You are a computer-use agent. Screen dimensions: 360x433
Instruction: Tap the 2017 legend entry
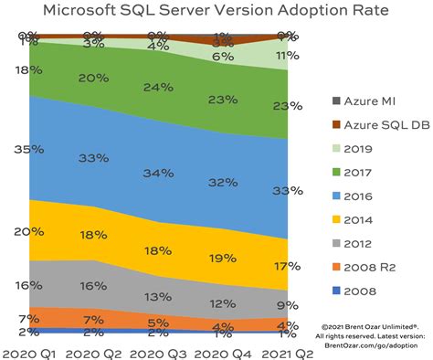coord(359,170)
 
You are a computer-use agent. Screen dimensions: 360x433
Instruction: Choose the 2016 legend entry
coord(359,195)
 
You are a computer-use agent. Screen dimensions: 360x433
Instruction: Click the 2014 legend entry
coord(359,219)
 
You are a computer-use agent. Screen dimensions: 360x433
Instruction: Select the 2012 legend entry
coord(359,244)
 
